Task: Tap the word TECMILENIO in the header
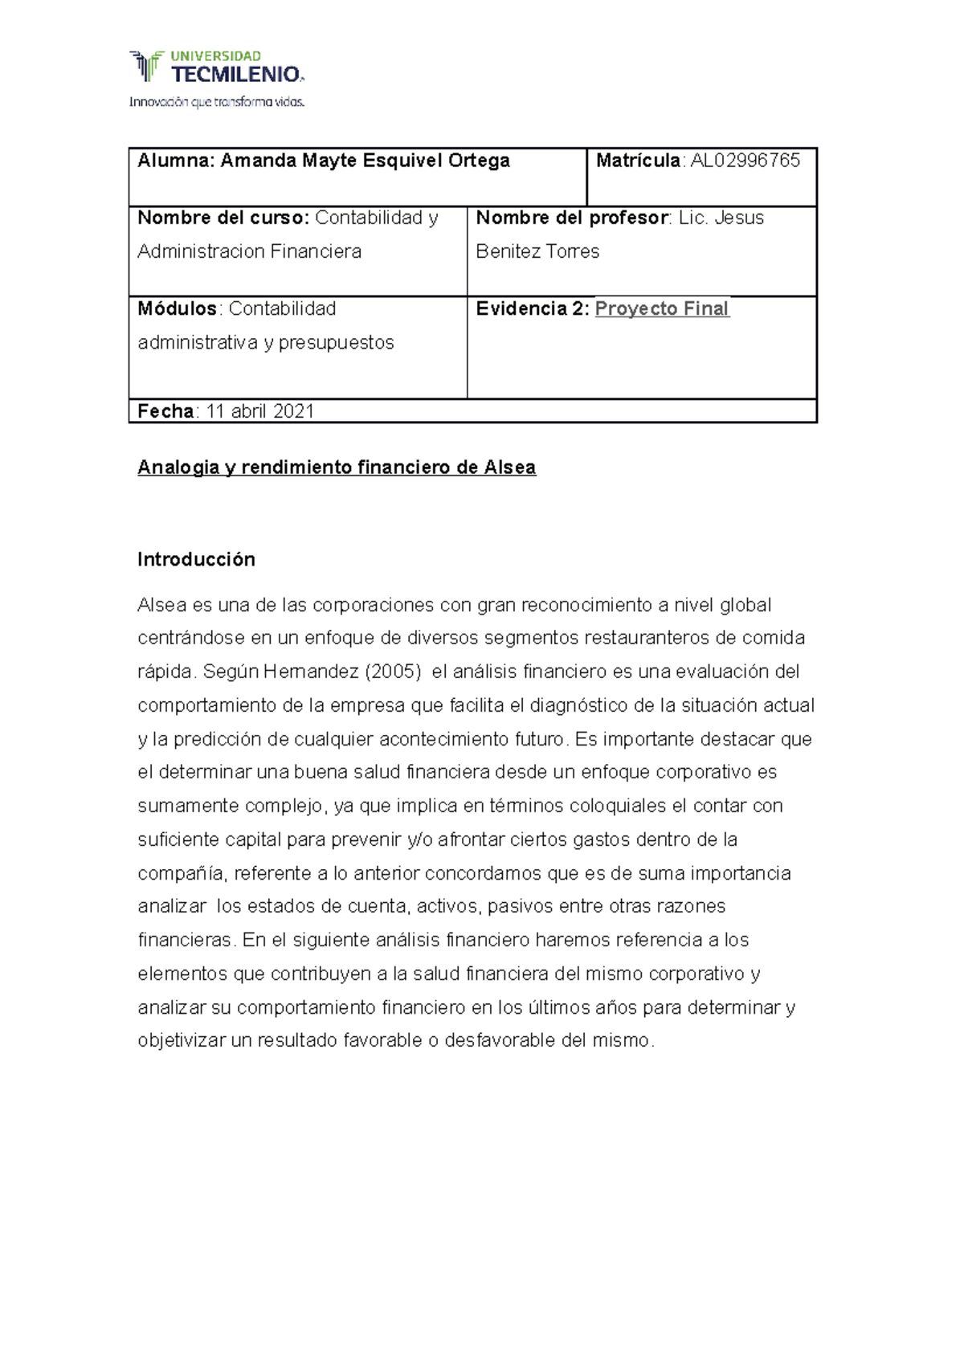click(236, 76)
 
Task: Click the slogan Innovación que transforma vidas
click(217, 102)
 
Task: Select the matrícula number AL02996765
click(745, 161)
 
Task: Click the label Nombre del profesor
click(572, 218)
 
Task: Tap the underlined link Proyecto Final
click(661, 308)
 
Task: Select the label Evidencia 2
click(532, 308)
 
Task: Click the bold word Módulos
click(177, 308)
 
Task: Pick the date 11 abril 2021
click(259, 411)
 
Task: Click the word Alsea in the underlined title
click(509, 468)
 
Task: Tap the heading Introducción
click(196, 559)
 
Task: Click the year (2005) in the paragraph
click(393, 672)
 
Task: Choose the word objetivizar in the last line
click(182, 1041)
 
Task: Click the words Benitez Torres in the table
click(537, 251)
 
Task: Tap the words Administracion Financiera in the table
click(249, 251)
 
